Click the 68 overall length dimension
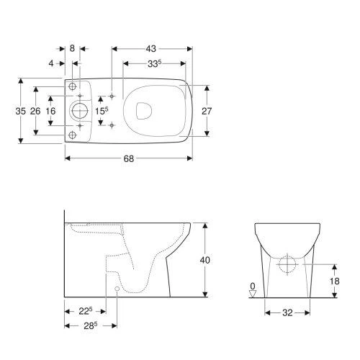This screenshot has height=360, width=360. click(x=129, y=158)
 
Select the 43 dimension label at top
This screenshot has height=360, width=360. click(x=151, y=49)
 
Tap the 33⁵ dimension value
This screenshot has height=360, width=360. click(x=154, y=63)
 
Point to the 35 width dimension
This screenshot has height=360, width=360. click(x=20, y=111)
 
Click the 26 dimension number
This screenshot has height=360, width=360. click(x=35, y=111)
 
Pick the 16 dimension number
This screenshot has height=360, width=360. click(x=50, y=111)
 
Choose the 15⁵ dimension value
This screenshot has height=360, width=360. click(x=102, y=111)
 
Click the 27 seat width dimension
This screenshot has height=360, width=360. click(x=207, y=111)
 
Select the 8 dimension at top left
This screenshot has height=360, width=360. click(x=72, y=48)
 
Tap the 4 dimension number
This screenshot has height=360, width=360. click(x=51, y=63)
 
